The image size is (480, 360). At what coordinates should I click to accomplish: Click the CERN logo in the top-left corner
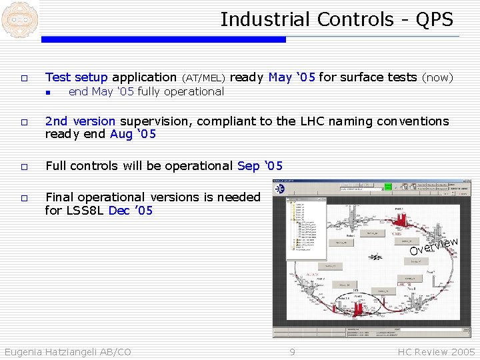pyautogui.click(x=19, y=19)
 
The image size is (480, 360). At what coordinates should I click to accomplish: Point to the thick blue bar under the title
pyautogui.click(x=163, y=39)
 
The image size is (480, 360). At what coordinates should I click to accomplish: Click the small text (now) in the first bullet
pyautogui.click(x=438, y=78)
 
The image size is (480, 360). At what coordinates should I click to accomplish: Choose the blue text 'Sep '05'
pyautogui.click(x=260, y=165)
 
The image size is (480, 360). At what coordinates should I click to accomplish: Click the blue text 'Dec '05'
pyautogui.click(x=131, y=211)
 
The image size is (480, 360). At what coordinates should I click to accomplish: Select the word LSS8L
pyautogui.click(x=85, y=211)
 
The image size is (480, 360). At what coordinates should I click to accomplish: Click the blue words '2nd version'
pyautogui.click(x=81, y=121)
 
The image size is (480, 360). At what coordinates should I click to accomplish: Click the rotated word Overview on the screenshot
pyautogui.click(x=433, y=246)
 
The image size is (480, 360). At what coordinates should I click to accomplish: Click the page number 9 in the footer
pyautogui.click(x=291, y=352)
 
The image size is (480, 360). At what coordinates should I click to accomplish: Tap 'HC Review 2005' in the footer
pyautogui.click(x=436, y=352)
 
